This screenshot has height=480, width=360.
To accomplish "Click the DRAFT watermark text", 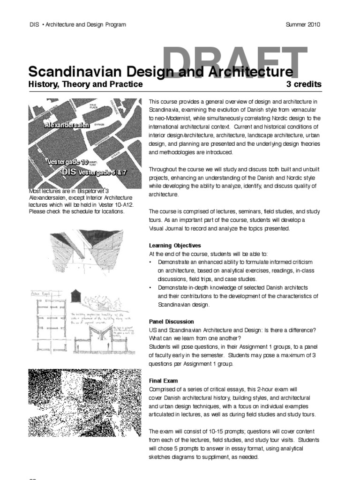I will (x=236, y=61).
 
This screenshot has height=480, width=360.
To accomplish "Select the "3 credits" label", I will (x=304, y=84).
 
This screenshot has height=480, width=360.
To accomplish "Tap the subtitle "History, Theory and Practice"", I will (x=85, y=84).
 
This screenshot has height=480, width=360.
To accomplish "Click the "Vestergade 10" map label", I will (x=67, y=162).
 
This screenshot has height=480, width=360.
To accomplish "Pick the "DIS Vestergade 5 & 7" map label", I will (x=94, y=172).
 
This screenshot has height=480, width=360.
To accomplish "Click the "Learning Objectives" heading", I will (x=175, y=245).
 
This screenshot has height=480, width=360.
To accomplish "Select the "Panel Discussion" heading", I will (x=171, y=322).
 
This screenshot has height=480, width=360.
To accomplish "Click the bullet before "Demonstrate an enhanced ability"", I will (x=150, y=262).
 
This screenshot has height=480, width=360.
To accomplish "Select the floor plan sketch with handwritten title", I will (x=47, y=323).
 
